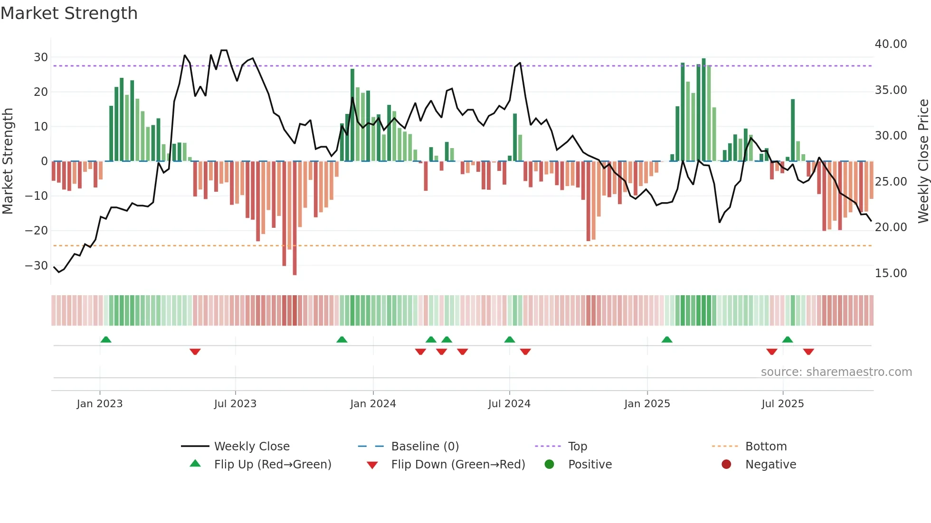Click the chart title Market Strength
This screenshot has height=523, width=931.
(69, 13)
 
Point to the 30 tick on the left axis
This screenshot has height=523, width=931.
(41, 57)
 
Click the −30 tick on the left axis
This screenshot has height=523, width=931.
(37, 266)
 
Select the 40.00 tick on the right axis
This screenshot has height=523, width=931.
(891, 44)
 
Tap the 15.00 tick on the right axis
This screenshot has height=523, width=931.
(891, 273)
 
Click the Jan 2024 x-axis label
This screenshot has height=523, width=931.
(373, 404)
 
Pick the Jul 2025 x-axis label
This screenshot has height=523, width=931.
(782, 404)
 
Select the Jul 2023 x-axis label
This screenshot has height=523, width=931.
(235, 404)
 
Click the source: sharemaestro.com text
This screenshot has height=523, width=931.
(836, 372)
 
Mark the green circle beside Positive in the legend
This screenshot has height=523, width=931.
(549, 465)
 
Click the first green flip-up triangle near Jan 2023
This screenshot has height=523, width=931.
(106, 339)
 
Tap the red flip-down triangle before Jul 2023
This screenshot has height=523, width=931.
(195, 352)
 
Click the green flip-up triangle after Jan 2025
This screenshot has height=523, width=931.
(667, 339)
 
